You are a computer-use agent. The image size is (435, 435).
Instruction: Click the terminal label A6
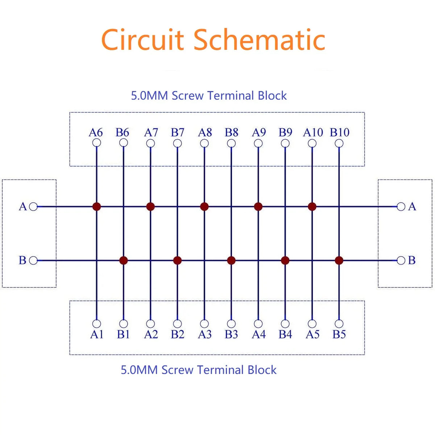point(96,133)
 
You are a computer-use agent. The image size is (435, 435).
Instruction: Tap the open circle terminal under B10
point(339,143)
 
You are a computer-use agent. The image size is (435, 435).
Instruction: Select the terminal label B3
point(231,334)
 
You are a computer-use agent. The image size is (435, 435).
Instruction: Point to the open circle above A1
point(97,324)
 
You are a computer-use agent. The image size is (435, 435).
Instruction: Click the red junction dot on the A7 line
point(150,207)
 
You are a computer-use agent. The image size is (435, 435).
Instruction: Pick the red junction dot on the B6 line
point(124,261)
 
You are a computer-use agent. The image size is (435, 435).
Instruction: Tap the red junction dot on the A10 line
point(312,207)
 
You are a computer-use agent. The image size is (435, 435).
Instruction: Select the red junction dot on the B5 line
point(339,261)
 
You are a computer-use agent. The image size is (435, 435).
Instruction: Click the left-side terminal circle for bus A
point(33,207)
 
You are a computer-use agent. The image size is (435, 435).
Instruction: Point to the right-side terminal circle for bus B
point(401,261)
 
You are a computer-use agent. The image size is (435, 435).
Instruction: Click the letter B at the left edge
point(22,260)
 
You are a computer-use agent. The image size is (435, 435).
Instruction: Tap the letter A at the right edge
point(412,207)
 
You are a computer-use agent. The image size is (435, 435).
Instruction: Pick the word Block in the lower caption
point(262,370)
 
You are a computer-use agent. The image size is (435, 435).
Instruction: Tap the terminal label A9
point(259,133)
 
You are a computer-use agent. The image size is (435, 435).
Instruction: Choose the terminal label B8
point(231,133)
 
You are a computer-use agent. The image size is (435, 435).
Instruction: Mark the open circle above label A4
point(258,324)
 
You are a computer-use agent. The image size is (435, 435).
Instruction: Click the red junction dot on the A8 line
point(204,207)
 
